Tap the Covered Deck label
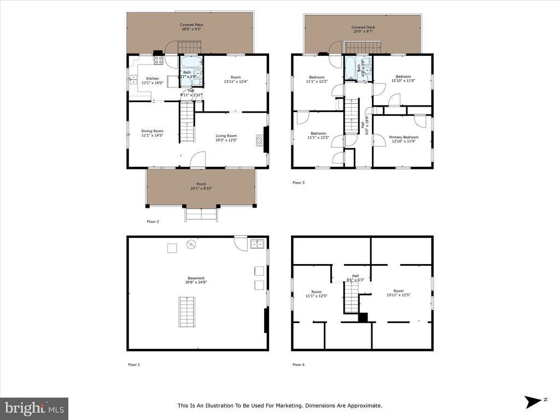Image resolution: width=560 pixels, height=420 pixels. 363,29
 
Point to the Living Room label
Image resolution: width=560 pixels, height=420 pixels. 226,138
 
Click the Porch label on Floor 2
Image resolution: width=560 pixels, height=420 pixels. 201,186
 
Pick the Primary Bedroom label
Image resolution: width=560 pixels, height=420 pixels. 404,139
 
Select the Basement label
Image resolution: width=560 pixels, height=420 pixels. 197,280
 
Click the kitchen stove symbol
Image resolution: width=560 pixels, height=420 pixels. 159,60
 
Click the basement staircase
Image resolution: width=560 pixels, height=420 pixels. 188,311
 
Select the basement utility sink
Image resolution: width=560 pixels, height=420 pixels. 258,244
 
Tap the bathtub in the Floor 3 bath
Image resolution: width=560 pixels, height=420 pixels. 350,68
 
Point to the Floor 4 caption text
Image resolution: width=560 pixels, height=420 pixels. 298,364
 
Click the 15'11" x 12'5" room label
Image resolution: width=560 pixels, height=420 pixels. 398,293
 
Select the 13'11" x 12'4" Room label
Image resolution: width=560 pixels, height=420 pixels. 236,80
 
